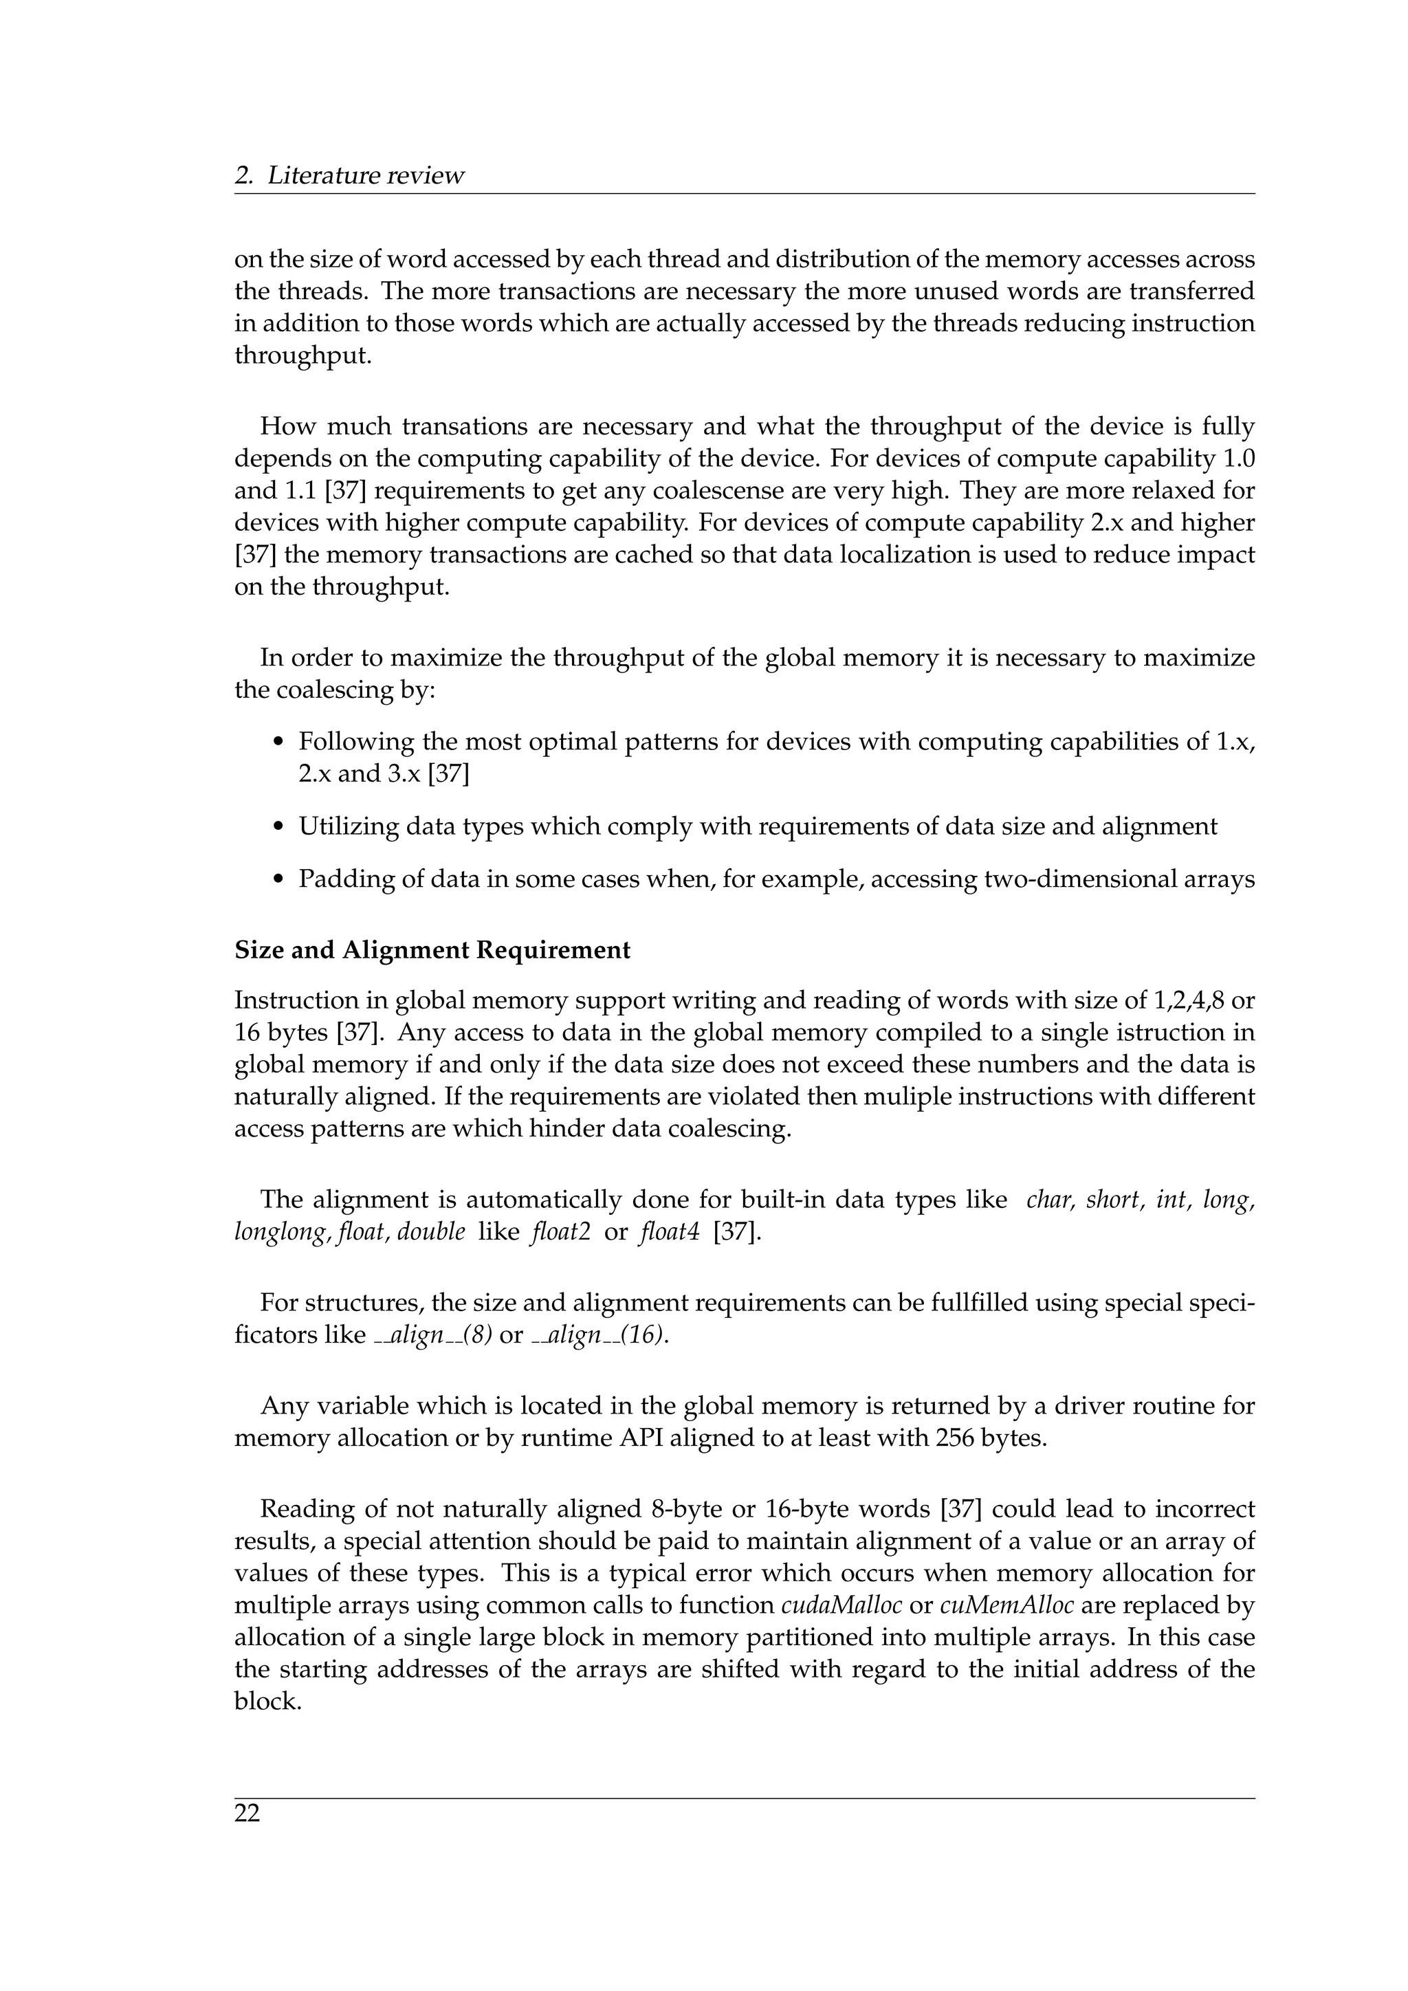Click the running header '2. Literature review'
349,176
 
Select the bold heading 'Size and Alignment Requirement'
432,950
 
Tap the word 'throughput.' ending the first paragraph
302,356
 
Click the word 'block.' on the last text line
268,1702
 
